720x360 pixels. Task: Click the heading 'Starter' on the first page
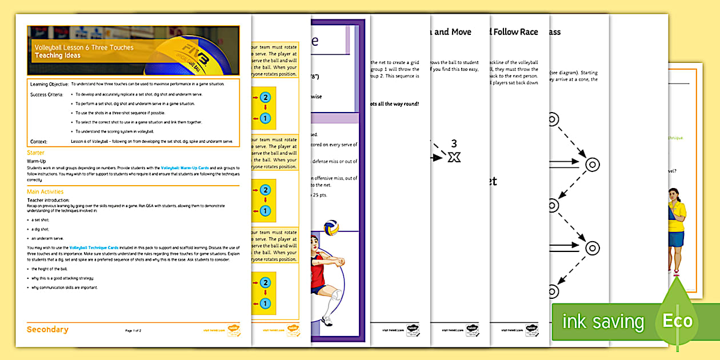pos(35,153)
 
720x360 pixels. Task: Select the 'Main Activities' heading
pos(45,191)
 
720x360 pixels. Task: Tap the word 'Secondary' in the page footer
pos(47,329)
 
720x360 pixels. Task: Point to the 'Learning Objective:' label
pos(49,84)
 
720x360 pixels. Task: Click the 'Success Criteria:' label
pos(47,94)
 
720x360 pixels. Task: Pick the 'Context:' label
pos(38,141)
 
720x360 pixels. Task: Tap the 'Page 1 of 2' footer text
pos(133,330)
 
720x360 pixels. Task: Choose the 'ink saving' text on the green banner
pos(603,322)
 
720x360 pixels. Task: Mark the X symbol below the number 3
pos(454,157)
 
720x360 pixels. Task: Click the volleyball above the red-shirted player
pos(331,228)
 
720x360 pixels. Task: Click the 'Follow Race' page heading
pos(515,32)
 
